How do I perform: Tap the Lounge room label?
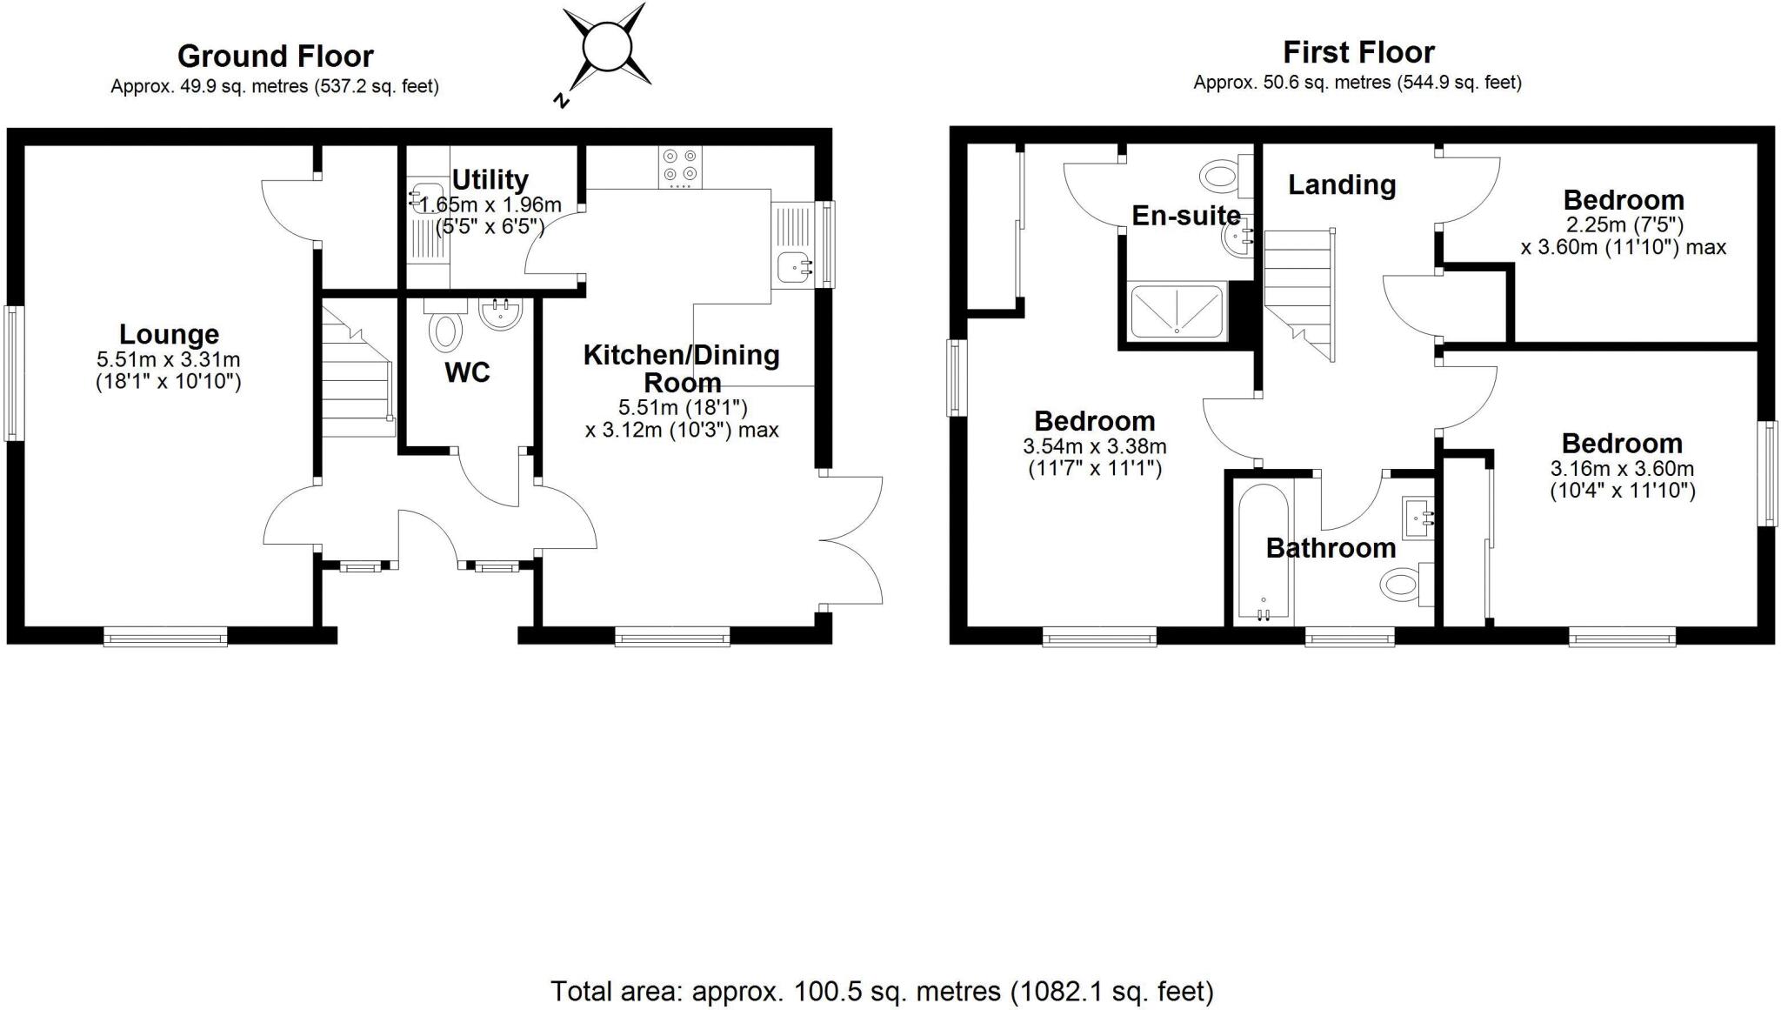click(169, 334)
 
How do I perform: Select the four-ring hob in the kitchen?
click(680, 167)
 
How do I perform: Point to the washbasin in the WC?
click(501, 314)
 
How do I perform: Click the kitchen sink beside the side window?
click(795, 267)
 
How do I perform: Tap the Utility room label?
click(490, 180)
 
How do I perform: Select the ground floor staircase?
click(357, 374)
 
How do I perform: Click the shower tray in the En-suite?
click(1176, 311)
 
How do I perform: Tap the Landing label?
click(1341, 184)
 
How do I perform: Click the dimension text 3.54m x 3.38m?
click(1094, 446)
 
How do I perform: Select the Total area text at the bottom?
click(881, 991)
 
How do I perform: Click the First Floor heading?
click(1357, 53)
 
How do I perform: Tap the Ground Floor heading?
click(275, 57)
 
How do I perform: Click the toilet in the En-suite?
click(1222, 177)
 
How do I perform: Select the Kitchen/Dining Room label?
click(681, 368)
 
